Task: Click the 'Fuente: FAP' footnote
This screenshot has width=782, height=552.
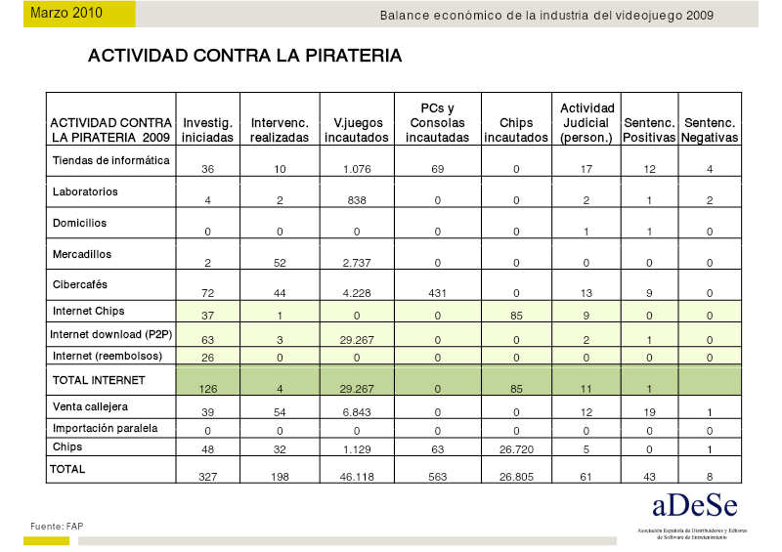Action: pos(57,526)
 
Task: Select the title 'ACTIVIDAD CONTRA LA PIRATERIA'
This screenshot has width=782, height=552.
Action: pos(245,56)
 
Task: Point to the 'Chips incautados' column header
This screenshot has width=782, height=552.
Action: pos(516,130)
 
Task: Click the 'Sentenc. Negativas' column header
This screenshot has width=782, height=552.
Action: pos(710,130)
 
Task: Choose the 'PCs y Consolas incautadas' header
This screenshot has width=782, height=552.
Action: pos(437,123)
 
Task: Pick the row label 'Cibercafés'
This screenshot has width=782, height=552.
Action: pos(80,284)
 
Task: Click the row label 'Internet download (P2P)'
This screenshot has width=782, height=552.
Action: pos(111,334)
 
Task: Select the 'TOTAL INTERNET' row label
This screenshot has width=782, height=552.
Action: pos(99,380)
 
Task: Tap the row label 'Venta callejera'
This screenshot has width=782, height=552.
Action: pos(90,406)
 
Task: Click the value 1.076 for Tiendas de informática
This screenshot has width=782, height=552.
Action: pos(357,169)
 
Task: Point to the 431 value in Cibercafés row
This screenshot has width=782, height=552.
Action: pos(437,293)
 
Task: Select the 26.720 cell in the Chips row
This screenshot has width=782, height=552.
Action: pos(516,449)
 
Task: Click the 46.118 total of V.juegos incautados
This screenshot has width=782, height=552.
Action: pos(357,477)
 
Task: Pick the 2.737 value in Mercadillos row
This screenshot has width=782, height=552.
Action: pos(357,263)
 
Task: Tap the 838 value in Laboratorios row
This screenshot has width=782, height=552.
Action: pos(357,200)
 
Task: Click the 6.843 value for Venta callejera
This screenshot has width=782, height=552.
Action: pos(357,412)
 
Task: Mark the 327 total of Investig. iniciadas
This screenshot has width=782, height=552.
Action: pos(208,477)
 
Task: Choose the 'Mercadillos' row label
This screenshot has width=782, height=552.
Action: pos(82,254)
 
